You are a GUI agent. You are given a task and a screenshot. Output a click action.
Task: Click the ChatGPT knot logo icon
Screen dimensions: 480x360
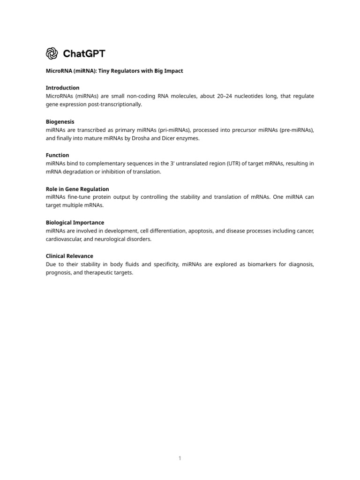[x=52, y=53]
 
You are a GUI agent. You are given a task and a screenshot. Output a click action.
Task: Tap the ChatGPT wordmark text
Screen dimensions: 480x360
[x=84, y=53]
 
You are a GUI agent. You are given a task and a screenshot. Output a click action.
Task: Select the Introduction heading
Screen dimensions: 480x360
[x=62, y=88]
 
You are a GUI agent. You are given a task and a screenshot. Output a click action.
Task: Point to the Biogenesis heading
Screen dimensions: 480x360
[x=60, y=121]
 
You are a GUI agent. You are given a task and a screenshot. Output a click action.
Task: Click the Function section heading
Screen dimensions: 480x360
[x=57, y=155]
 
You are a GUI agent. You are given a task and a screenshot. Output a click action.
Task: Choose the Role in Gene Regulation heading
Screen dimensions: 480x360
[x=77, y=189]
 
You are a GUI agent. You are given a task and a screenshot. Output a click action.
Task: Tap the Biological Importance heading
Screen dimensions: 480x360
[x=75, y=223]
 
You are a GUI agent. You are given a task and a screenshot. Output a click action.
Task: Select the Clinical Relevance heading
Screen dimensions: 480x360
[x=69, y=256]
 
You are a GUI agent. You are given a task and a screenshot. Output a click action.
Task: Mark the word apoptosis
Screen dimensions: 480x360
[x=202, y=231]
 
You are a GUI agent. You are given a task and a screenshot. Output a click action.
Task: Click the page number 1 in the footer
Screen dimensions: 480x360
[x=180, y=458]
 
